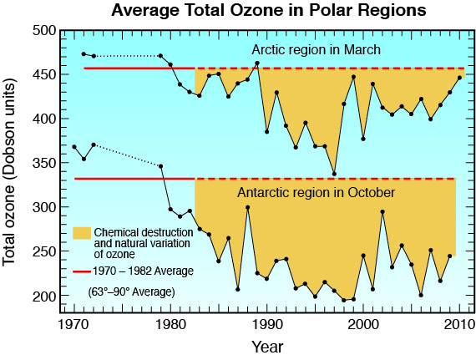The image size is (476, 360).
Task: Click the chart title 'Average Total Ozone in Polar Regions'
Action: click(x=269, y=11)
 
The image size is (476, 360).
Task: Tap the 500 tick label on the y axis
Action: click(x=44, y=31)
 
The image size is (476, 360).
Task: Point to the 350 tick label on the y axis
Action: click(x=44, y=163)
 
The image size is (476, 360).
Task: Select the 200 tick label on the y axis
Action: click(x=44, y=296)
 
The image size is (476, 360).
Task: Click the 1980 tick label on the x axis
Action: click(x=170, y=324)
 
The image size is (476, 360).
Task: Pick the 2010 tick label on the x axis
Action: click(x=459, y=324)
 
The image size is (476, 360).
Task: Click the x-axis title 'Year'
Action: click(x=267, y=347)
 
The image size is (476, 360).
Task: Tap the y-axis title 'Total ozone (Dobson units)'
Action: click(x=9, y=172)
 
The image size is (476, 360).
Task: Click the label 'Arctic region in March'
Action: click(x=316, y=50)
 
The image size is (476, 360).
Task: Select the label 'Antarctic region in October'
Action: click(x=316, y=192)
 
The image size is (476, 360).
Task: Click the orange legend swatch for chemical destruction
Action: click(x=82, y=233)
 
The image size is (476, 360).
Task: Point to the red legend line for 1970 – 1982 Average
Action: click(x=82, y=271)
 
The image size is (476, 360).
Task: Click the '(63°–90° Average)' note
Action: click(x=131, y=292)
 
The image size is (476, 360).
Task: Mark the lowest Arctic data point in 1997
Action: click(x=334, y=174)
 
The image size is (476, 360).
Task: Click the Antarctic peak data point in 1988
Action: click(x=248, y=208)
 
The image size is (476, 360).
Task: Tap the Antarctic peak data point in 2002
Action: click(x=382, y=212)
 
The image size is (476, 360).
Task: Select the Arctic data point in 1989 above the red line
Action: click(x=257, y=63)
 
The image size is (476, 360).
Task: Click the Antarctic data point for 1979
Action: click(x=161, y=166)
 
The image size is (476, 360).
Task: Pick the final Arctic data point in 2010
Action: click(x=459, y=78)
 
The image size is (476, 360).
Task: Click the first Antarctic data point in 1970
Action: click(x=74, y=147)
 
